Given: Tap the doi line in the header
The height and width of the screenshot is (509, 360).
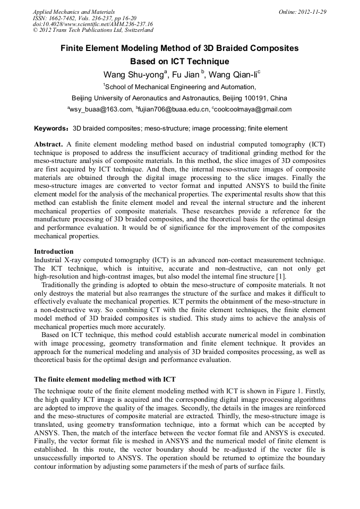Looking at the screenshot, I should (92, 24).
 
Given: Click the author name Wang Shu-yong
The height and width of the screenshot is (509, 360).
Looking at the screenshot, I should (128, 74).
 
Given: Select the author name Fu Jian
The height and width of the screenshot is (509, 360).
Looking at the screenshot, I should (187, 74).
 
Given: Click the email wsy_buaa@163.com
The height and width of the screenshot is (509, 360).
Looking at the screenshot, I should (100, 109).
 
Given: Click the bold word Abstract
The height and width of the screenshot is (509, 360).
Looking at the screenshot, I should (49, 144).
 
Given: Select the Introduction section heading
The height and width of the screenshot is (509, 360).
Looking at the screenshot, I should (54, 251).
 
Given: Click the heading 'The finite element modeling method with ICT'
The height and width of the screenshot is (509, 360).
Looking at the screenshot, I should (105, 379).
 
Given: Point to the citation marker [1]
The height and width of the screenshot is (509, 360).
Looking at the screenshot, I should (281, 277).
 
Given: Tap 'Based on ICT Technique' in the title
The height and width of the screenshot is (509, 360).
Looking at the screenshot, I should (179, 61).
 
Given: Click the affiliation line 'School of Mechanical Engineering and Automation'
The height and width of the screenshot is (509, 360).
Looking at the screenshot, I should (179, 87).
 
